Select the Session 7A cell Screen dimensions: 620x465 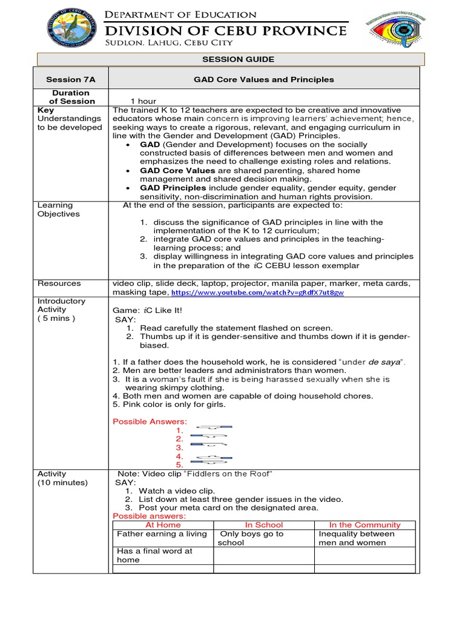pyautogui.click(x=71, y=79)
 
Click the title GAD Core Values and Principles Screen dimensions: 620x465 pyautogui.click(x=263, y=79)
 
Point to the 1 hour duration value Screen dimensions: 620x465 pyautogui.click(x=143, y=101)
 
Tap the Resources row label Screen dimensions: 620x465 pyautogui.click(x=59, y=283)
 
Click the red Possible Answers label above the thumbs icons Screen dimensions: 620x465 pyautogui.click(x=150, y=421)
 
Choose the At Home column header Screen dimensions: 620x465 pyautogui.click(x=162, y=525)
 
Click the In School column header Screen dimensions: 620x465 pyautogui.click(x=263, y=525)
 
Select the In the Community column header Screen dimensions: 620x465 pyautogui.click(x=364, y=525)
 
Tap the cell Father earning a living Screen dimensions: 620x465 pyautogui.click(x=162, y=534)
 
